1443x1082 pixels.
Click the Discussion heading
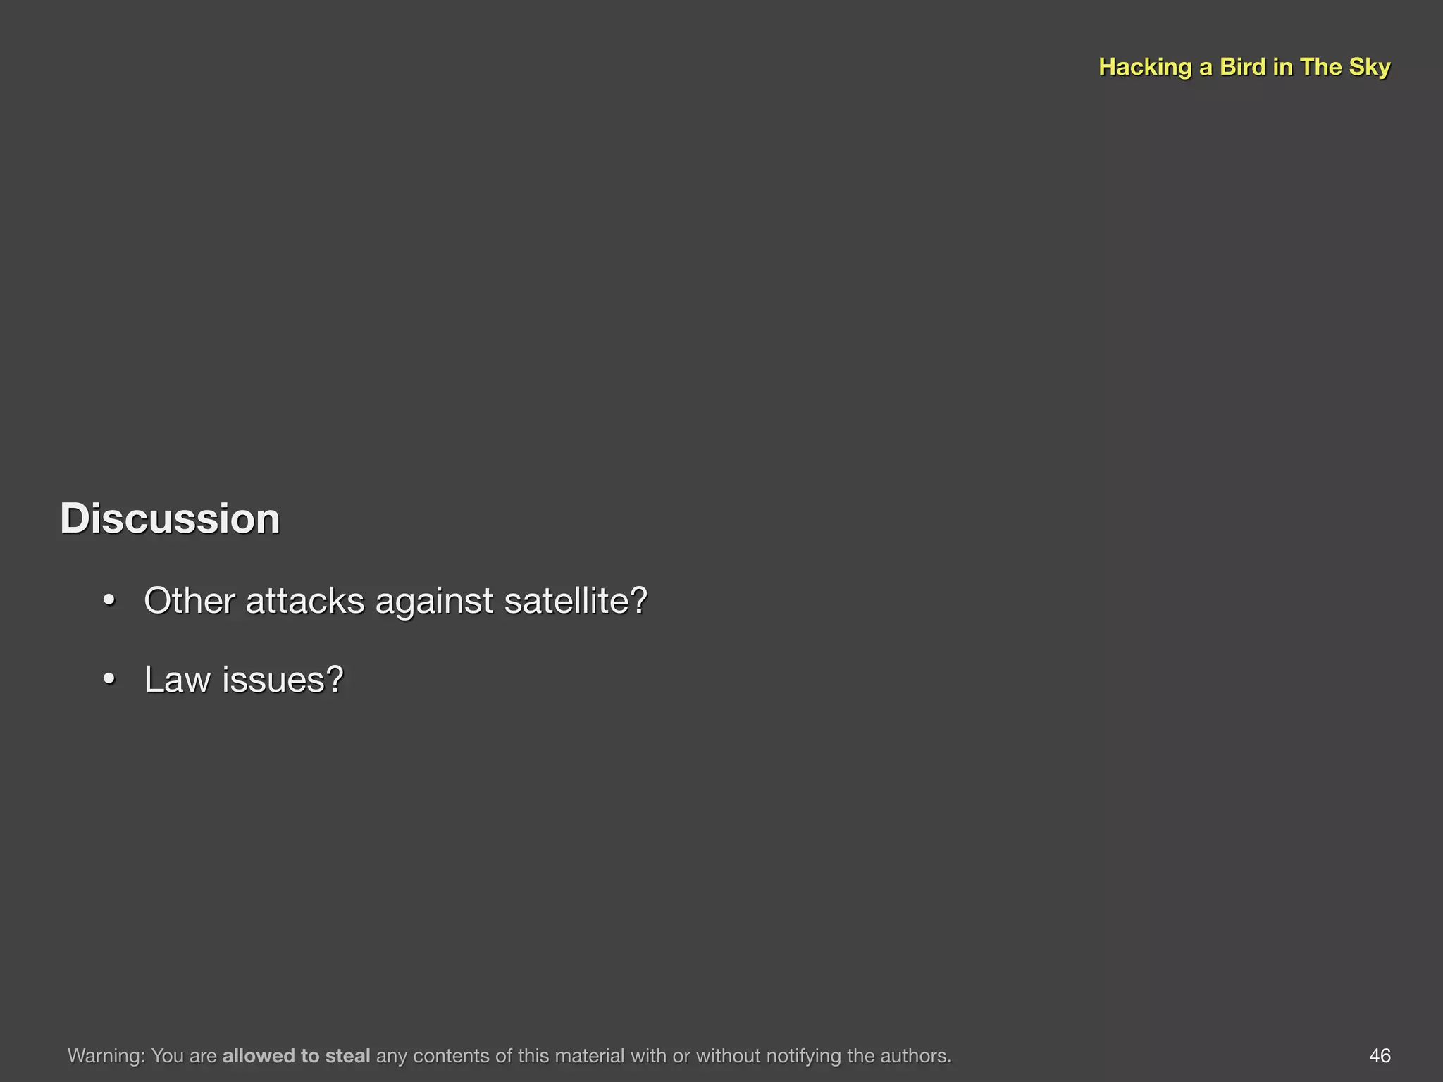170,519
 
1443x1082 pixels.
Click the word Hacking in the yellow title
1145,67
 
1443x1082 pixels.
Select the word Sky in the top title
1370,67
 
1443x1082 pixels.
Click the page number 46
1380,1055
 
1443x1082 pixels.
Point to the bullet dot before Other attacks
109,601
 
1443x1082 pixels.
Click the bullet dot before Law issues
109,680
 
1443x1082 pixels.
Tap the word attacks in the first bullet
305,601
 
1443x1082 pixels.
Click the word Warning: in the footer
106,1055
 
